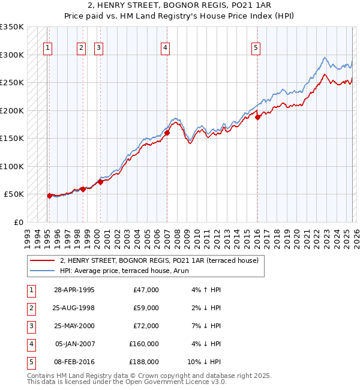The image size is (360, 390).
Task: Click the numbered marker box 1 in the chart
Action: point(47,49)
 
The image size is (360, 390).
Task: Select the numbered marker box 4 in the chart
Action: point(164,49)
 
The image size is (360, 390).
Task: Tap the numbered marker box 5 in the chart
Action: point(256,49)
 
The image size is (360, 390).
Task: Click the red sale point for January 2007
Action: point(167,133)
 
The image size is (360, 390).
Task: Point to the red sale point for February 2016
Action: point(257,118)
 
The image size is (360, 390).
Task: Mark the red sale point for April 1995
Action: point(50,196)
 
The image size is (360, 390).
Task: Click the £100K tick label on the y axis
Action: point(12,166)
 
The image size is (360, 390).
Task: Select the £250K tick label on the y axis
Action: point(12,82)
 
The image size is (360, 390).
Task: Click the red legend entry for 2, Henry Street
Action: point(158,260)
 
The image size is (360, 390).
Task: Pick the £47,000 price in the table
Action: point(146,290)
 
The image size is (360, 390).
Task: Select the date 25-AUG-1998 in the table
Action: point(74,308)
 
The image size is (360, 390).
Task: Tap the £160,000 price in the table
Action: point(144,344)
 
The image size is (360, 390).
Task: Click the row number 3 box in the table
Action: point(29,326)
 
